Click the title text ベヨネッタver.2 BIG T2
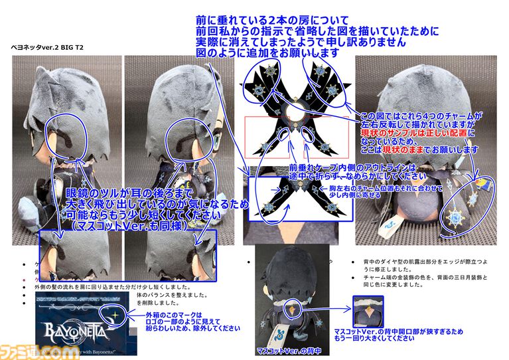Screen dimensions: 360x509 (x=47, y=50)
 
